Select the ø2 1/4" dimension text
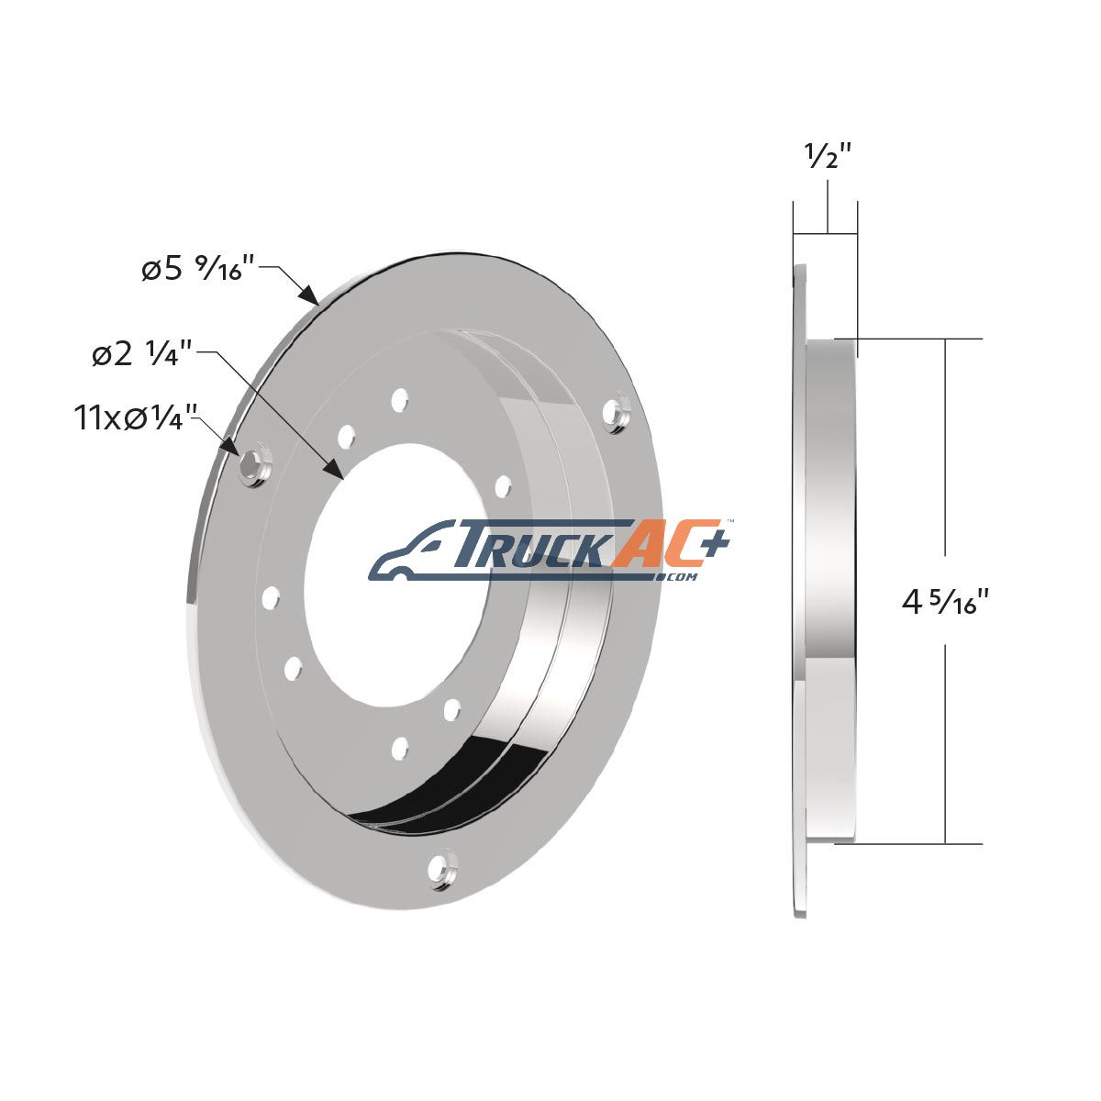(143, 353)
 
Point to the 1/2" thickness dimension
(829, 155)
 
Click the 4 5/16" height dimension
(945, 601)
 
